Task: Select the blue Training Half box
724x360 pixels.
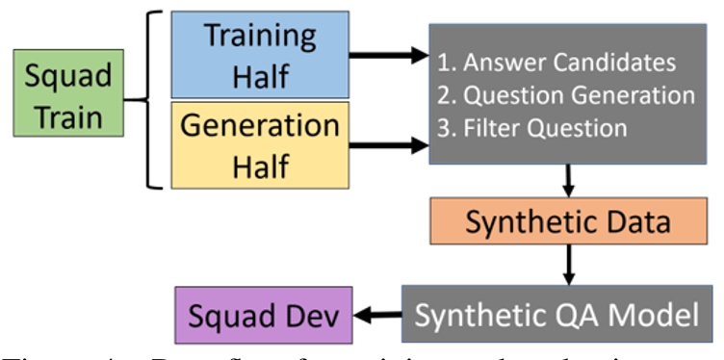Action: (x=260, y=55)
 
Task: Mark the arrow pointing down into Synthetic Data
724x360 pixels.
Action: (x=568, y=179)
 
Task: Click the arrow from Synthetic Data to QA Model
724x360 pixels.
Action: (x=568, y=265)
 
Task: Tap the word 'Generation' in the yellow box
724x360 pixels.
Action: (x=260, y=125)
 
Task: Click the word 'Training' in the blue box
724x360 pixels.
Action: (x=260, y=37)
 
